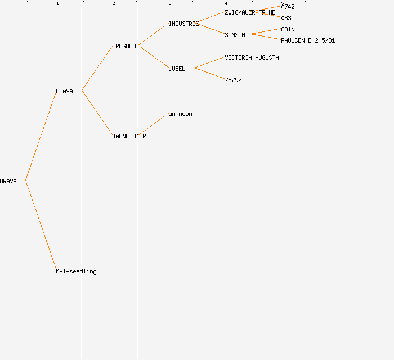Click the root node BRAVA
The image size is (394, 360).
point(8,181)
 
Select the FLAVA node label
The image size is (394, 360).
point(64,91)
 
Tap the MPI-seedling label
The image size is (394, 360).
point(76,271)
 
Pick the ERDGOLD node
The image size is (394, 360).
point(124,46)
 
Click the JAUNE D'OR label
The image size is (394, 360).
point(129,136)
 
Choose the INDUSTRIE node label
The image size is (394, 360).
point(183,24)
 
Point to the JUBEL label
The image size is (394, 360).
point(177,69)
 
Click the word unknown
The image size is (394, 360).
point(180,114)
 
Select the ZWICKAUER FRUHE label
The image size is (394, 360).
point(250,12)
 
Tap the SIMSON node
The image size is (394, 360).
point(235,35)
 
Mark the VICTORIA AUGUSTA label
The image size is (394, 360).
point(252,57)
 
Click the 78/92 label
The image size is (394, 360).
point(233,80)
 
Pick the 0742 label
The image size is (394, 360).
point(288,7)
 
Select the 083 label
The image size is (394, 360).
point(286,18)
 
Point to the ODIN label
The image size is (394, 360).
point(288,29)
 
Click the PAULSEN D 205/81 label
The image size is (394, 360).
point(308,40)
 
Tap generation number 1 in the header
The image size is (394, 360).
point(57,4)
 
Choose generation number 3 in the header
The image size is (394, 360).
point(170,4)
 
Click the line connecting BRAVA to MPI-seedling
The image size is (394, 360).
point(41,225)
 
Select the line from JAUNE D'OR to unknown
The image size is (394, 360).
point(153,124)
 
